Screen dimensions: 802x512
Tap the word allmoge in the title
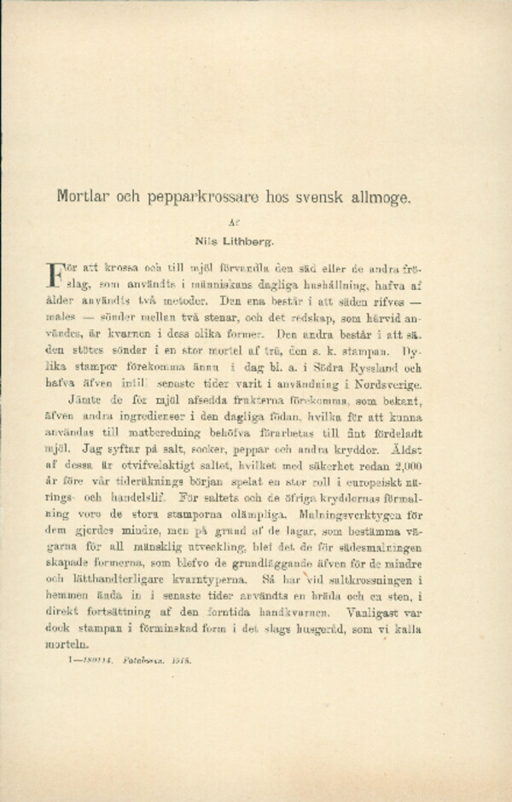[380, 196]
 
